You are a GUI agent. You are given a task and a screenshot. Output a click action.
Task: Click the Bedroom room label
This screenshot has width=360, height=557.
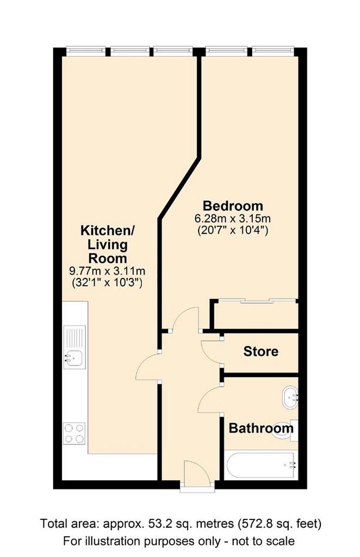point(233,206)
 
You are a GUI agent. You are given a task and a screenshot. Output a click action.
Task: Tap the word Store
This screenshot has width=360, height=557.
point(261,352)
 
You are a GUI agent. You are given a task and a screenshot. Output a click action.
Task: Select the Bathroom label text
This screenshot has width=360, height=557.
point(261,428)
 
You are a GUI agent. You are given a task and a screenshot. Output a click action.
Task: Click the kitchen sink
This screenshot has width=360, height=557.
point(75,347)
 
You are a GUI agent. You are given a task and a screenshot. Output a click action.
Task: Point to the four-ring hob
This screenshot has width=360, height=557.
point(75,434)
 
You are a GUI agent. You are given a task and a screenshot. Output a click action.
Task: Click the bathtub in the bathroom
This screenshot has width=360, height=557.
point(262,465)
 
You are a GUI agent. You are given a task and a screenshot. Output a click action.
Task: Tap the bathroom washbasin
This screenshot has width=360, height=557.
point(290,398)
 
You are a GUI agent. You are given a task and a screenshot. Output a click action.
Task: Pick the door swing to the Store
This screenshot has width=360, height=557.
point(211,352)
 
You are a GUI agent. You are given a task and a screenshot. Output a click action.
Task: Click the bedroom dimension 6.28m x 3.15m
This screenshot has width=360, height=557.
point(233,218)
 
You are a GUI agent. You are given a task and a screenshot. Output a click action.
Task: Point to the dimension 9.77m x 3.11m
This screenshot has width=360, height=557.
point(107,271)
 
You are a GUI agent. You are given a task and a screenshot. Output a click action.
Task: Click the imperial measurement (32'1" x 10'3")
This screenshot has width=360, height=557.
point(107,283)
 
